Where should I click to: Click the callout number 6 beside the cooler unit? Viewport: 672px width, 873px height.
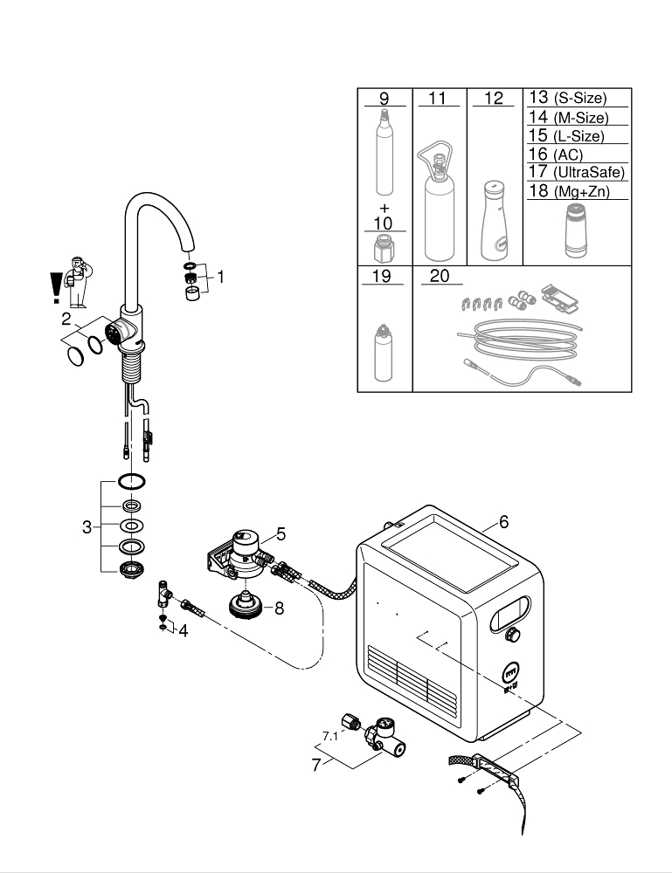click(x=503, y=522)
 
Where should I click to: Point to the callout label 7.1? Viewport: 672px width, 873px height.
click(x=329, y=737)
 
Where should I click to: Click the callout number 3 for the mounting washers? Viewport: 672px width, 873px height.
click(x=87, y=526)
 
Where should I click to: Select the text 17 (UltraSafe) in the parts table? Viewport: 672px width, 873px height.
click(x=577, y=172)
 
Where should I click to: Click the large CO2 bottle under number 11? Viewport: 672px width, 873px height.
click(x=438, y=205)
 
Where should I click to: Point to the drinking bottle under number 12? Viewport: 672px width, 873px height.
click(x=494, y=223)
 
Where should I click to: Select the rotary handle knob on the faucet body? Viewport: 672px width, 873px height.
click(x=114, y=333)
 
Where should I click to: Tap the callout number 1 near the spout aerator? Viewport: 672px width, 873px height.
click(x=220, y=277)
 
